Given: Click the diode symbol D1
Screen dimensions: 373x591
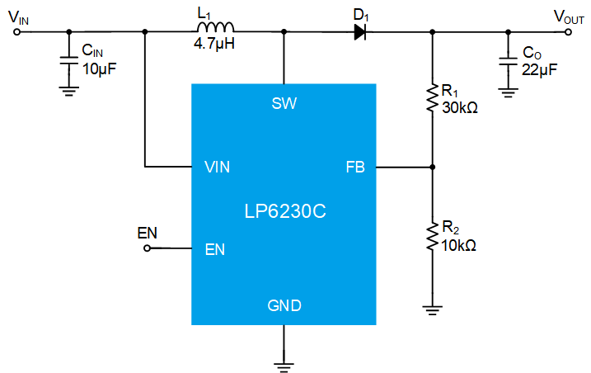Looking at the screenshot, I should click(360, 32).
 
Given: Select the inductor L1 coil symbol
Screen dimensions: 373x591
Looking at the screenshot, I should click(213, 27).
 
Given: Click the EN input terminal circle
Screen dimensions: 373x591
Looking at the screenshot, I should click(147, 248).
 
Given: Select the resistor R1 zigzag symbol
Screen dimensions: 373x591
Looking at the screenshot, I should click(432, 97).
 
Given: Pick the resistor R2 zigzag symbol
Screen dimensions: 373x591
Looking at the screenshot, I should click(432, 236).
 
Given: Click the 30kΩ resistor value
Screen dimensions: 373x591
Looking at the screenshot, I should click(459, 107).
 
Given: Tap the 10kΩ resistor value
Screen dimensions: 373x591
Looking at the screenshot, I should click(459, 245).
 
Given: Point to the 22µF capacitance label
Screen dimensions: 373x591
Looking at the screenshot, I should click(539, 70).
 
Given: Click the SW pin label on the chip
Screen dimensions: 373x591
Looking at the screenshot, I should click(284, 103).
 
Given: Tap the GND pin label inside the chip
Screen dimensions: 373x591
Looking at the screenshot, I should click(284, 306).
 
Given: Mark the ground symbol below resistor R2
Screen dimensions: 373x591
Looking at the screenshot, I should click(432, 309).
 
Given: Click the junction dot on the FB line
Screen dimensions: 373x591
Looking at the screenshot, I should click(432, 167).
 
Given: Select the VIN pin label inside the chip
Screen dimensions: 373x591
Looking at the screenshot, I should click(217, 167).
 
